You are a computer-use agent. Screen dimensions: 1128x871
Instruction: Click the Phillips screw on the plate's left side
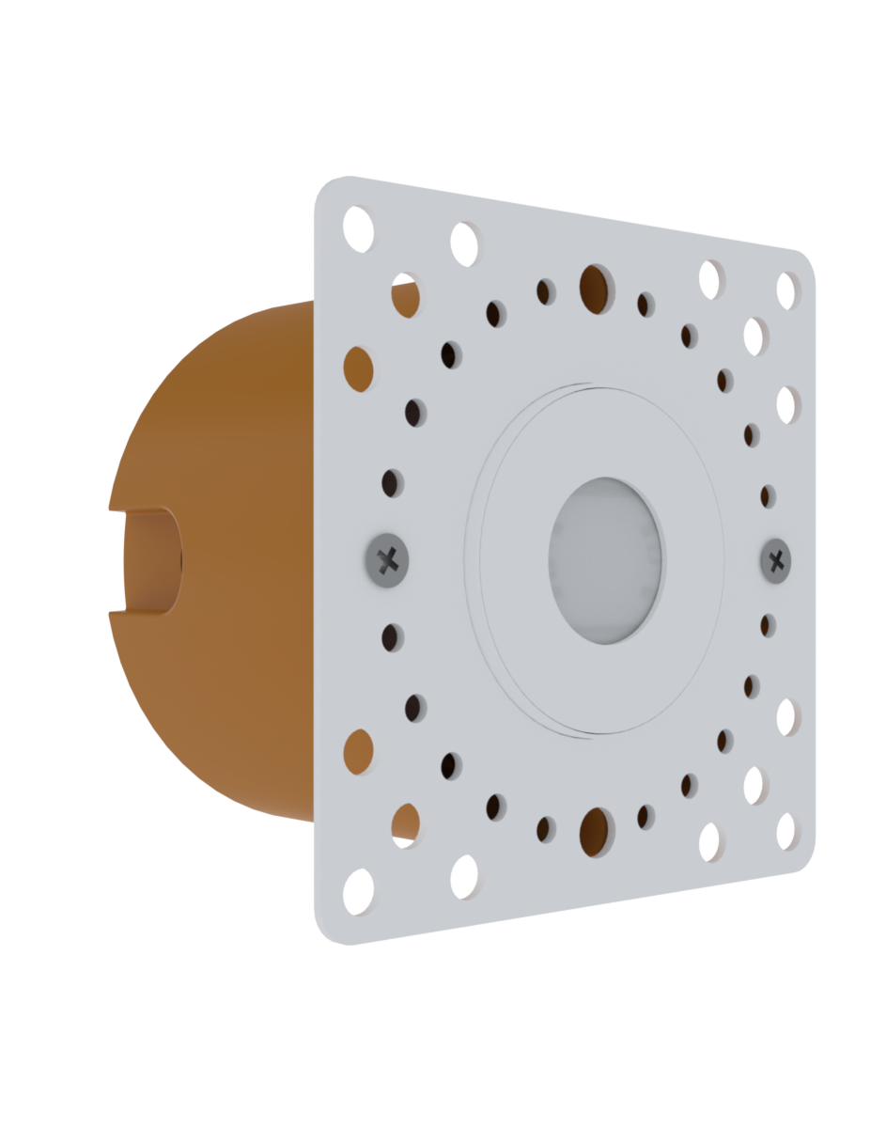(385, 560)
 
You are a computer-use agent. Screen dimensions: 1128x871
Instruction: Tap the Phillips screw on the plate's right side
(775, 561)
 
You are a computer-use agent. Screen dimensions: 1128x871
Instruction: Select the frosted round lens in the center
(604, 561)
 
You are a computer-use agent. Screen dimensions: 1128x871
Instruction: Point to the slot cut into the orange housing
(150, 561)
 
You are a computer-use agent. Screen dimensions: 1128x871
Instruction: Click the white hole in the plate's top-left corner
(358, 228)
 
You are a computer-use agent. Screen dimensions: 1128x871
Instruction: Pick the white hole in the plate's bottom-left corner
(358, 891)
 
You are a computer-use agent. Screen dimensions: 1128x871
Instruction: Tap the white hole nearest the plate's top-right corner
(787, 290)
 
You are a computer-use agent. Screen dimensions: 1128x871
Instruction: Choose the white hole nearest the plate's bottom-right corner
(786, 831)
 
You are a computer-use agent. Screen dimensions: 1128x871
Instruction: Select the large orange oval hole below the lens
(595, 832)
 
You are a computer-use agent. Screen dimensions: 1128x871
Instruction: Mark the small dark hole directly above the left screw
(392, 483)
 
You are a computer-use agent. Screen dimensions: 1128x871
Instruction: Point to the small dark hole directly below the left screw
(392, 638)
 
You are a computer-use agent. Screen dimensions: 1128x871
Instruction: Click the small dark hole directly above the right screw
(769, 496)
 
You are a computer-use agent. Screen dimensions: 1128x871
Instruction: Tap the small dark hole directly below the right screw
(769, 625)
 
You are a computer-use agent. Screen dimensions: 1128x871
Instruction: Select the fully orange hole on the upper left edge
(358, 368)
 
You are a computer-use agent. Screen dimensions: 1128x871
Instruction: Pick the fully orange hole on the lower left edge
(358, 752)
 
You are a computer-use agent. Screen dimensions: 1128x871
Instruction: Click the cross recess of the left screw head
(386, 562)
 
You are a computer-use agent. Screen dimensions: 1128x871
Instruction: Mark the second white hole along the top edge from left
(465, 243)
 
